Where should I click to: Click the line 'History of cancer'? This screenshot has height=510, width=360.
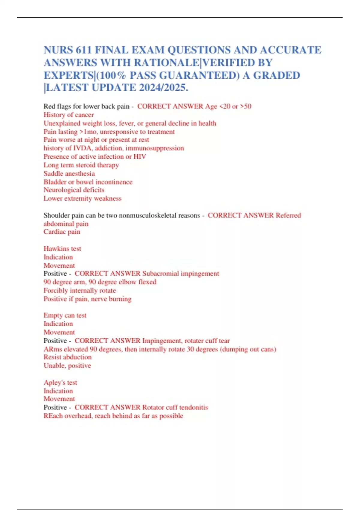(68, 115)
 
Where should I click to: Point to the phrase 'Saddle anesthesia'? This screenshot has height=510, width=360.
(69, 173)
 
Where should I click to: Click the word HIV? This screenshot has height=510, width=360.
(139, 156)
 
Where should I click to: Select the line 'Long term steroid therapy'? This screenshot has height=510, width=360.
(81, 165)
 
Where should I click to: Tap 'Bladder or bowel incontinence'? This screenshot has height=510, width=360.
(88, 182)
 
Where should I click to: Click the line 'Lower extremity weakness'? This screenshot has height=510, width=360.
(82, 198)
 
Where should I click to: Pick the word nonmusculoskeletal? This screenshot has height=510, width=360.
(159, 215)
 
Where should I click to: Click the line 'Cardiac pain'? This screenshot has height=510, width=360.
(62, 232)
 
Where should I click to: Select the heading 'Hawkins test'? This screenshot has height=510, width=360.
(62, 248)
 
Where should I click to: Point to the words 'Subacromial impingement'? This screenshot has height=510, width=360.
(181, 273)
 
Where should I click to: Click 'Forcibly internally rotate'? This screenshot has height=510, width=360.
(79, 290)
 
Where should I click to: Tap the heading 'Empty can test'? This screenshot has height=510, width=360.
(65, 315)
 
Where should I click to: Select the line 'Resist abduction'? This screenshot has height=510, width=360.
(67, 357)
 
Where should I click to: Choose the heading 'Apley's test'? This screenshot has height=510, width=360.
(60, 382)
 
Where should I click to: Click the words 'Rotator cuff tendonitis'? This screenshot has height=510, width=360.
(175, 407)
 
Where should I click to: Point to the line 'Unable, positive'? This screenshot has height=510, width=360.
(67, 365)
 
